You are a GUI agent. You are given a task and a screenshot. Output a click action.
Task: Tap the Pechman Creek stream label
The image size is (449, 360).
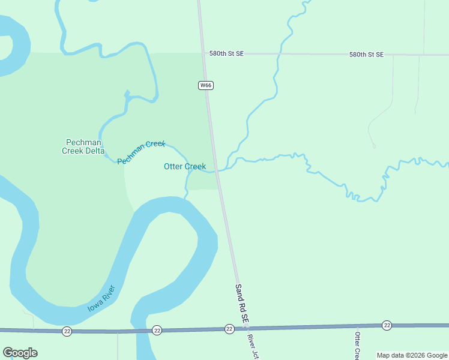[140, 152]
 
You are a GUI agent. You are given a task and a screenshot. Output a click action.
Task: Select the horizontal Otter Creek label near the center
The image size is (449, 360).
[185, 166]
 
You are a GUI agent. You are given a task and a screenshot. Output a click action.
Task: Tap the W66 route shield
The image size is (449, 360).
[206, 85]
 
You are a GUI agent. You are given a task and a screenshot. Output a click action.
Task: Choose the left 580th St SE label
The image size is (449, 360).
[227, 53]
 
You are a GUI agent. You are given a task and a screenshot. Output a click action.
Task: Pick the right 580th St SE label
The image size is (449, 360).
[366, 55]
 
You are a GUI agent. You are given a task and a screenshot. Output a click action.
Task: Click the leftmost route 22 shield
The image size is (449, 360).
[67, 331]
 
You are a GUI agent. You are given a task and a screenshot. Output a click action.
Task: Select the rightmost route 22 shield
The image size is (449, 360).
[387, 325]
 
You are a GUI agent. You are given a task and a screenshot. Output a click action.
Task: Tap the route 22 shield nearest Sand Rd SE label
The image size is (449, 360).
[229, 329]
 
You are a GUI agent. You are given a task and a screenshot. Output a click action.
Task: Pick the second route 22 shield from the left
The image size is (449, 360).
[157, 330]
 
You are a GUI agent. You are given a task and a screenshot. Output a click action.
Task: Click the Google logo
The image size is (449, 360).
[20, 353]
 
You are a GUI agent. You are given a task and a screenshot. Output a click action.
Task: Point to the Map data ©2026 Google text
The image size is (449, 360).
[412, 355]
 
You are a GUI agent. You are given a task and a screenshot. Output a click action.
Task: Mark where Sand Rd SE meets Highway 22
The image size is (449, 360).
[244, 328]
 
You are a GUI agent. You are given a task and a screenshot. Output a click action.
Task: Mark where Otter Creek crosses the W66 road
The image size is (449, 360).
[216, 170]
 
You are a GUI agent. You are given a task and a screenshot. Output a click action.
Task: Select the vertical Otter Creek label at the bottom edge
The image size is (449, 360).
[357, 346]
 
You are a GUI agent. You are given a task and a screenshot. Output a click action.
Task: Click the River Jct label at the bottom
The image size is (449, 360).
[252, 347]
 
